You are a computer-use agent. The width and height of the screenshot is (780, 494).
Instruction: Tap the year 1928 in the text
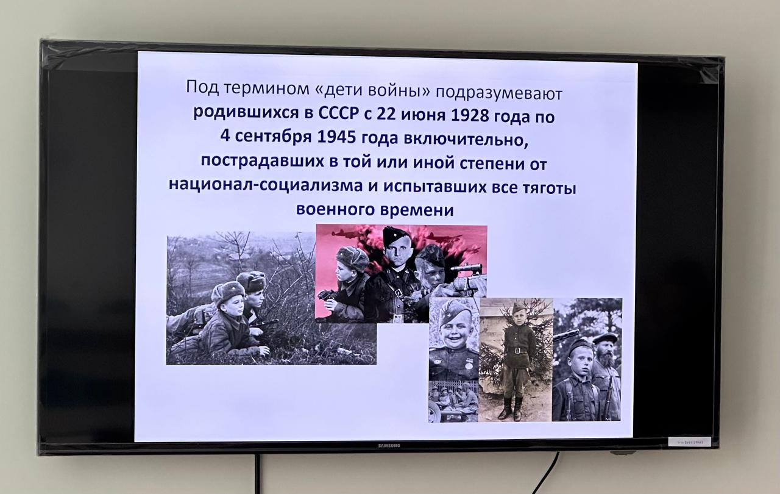pyautogui.click(x=470, y=115)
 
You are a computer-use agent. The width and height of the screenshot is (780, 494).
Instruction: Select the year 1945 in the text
pyautogui.click(x=337, y=137)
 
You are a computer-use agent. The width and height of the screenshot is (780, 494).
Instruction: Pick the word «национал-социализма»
pyautogui.click(x=266, y=185)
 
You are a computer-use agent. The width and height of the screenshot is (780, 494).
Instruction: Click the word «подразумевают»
pyautogui.click(x=498, y=94)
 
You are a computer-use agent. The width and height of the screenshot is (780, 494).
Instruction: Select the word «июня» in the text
pyautogui.click(x=423, y=116)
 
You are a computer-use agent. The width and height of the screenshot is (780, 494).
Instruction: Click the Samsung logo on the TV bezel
pyautogui.click(x=389, y=446)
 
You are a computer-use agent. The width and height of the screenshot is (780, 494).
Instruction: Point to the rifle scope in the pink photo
pyautogui.click(x=467, y=268)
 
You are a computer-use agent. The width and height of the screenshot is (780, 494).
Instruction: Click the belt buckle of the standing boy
pyautogui.click(x=517, y=350)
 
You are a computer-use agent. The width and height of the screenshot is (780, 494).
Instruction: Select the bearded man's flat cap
pyautogui.click(x=604, y=338)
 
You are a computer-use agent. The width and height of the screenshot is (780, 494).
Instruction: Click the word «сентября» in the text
pyautogui.click(x=274, y=137)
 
